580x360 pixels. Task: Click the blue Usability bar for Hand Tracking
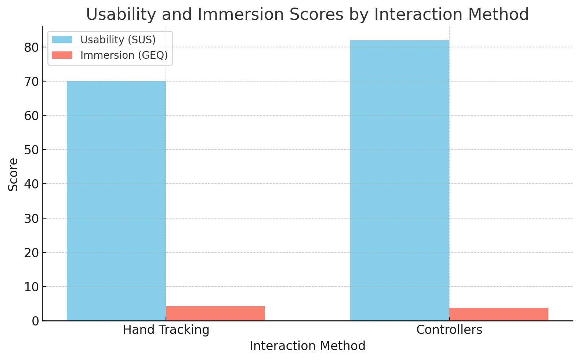116,201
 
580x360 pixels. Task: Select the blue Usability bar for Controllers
399,180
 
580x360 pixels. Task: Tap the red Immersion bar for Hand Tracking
215,313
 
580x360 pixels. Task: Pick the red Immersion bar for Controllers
499,314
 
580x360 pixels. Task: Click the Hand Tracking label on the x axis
166,330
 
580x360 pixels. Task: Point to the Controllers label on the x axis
449,330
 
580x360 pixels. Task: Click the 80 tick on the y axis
32,47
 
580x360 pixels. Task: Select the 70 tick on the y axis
32,82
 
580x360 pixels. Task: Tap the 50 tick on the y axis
32,150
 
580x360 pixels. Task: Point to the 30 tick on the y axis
32,218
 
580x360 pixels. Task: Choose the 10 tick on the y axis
32,287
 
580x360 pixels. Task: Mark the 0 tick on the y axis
35,321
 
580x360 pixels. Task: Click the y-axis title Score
13,174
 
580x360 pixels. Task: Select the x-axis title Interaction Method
308,346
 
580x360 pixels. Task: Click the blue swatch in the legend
62,40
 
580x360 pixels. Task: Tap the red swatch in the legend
62,55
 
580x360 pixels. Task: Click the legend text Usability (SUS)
118,40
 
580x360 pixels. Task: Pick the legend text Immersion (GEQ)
124,55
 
